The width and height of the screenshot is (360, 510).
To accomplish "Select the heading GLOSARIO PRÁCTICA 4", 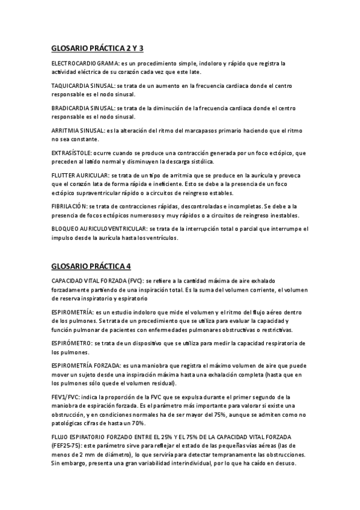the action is pyautogui.click(x=91, y=265).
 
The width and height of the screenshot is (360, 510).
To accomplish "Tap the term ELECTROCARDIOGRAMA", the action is pyautogui.click(x=84, y=63).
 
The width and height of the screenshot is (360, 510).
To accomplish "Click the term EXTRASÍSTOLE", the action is pyautogui.click(x=71, y=153).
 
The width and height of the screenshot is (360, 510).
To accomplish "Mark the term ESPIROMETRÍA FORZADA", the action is pyautogui.click(x=86, y=365).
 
